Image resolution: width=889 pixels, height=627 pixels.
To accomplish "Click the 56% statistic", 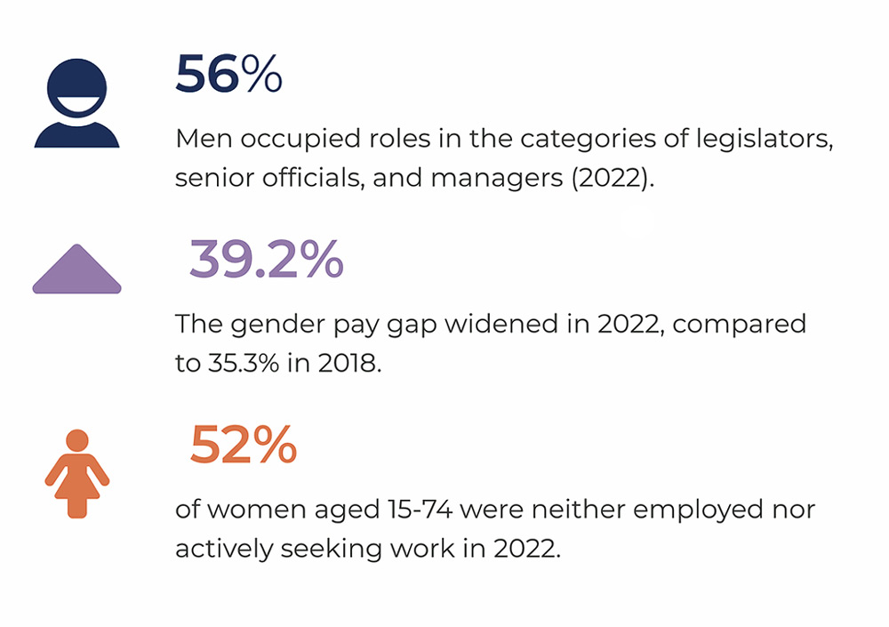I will coord(228,75).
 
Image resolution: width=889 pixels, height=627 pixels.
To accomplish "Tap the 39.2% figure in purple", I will coord(266,260).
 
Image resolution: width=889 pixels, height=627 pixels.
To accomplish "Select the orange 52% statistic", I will coord(243,445).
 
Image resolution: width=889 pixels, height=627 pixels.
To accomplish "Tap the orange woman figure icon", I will coord(77,472).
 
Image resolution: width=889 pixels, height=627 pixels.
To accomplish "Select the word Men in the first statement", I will coord(204,141).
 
